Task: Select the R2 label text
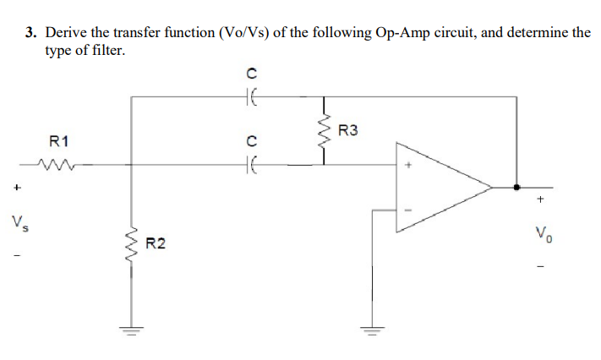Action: pyautogui.click(x=156, y=245)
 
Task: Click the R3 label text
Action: pyautogui.click(x=347, y=131)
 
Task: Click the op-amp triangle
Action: pyautogui.click(x=440, y=188)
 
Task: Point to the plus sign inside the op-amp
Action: pyautogui.click(x=408, y=167)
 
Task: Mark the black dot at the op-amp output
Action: pyautogui.click(x=516, y=188)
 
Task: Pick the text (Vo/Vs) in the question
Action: pyautogui.click(x=244, y=33)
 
